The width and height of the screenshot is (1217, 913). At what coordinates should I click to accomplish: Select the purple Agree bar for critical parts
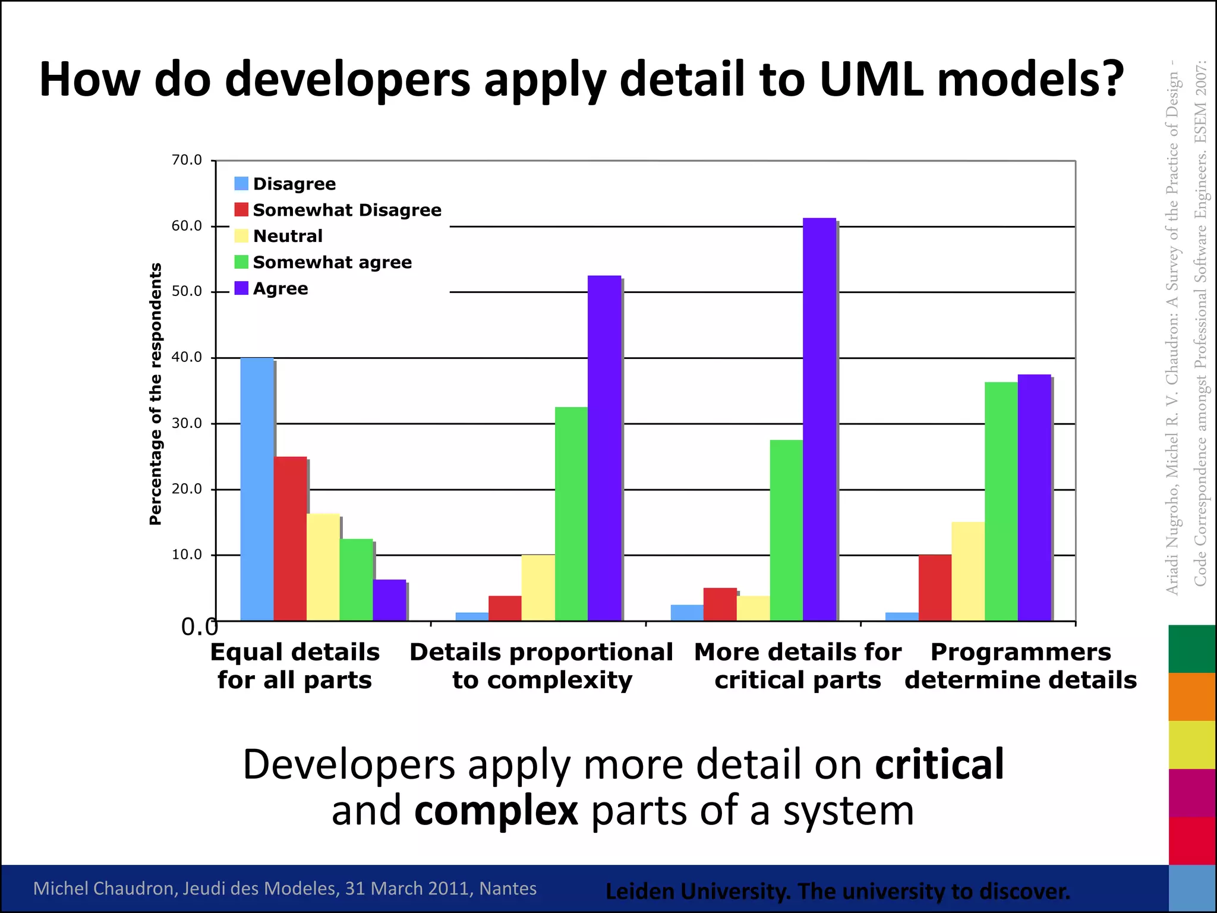[819, 419]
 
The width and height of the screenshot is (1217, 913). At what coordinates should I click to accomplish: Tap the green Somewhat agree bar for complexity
[571, 514]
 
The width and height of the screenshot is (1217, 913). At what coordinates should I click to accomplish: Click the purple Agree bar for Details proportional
[604, 448]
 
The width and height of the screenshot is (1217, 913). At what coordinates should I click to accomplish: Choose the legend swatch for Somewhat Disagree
[241, 210]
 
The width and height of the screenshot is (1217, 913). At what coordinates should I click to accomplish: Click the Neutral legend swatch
[241, 236]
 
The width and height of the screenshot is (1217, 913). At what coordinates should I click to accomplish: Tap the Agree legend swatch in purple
[241, 288]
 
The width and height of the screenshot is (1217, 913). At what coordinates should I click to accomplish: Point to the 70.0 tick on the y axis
[187, 160]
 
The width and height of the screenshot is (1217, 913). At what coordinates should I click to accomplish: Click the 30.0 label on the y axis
[187, 423]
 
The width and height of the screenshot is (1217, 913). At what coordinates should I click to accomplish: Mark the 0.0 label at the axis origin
[199, 626]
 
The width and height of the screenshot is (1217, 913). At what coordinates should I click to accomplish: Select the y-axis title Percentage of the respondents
[156, 393]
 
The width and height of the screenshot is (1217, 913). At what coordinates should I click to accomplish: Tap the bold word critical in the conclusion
[939, 764]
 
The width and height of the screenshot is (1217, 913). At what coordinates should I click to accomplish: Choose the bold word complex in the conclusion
[496, 811]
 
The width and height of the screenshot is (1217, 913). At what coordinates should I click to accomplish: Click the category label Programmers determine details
[1020, 666]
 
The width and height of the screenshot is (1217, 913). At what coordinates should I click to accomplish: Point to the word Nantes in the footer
[508, 888]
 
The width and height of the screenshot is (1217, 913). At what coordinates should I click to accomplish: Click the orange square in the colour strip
[1192, 697]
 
